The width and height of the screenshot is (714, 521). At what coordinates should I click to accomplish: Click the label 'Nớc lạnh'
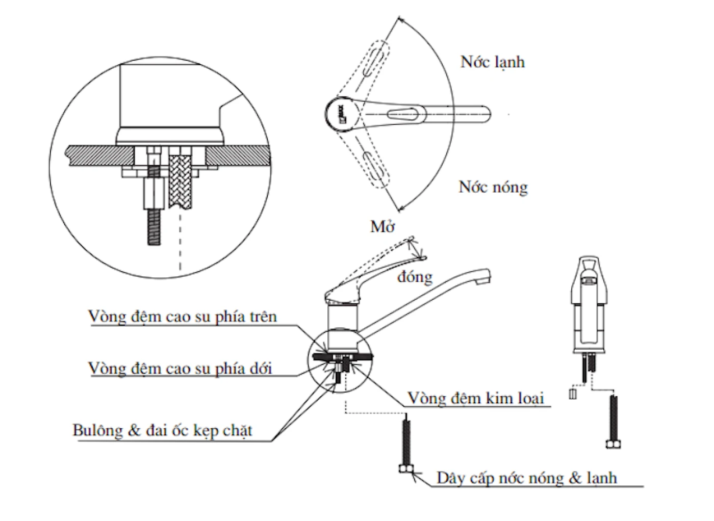tap(492, 62)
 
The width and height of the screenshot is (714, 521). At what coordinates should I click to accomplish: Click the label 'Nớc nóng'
tap(493, 187)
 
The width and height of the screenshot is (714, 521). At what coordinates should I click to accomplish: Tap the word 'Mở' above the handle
tap(383, 226)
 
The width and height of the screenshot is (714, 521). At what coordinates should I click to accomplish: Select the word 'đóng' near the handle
tap(415, 277)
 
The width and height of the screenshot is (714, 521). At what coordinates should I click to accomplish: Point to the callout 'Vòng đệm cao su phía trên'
tap(183, 317)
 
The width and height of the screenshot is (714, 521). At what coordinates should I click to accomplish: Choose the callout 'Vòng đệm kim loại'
tap(475, 398)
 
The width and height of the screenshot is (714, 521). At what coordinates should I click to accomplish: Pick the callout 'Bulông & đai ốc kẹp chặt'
tap(163, 431)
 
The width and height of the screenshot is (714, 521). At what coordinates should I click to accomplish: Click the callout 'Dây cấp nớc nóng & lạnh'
tap(527, 478)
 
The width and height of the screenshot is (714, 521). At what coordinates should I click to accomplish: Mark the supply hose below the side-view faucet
tap(406, 444)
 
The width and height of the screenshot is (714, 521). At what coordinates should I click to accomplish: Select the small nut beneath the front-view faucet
tap(572, 394)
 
